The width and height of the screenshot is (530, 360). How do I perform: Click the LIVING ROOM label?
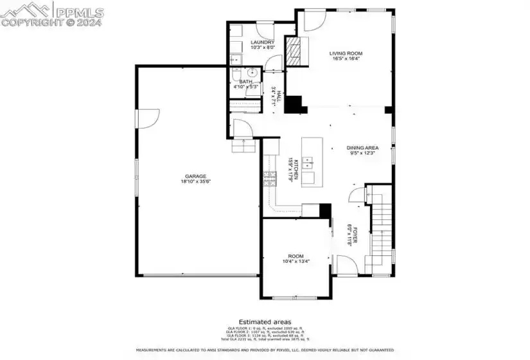[x=346, y=53]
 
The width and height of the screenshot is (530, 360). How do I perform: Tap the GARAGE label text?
[x=196, y=176]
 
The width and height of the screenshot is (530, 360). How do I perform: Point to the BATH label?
[x=245, y=82]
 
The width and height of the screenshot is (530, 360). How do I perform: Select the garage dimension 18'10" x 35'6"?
[x=196, y=182]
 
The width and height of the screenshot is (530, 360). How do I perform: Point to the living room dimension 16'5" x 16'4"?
[x=346, y=59]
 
